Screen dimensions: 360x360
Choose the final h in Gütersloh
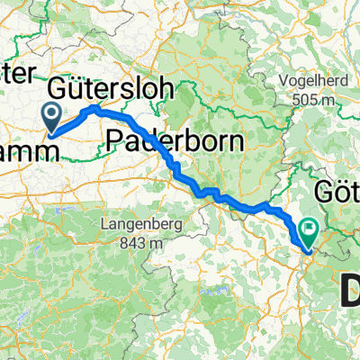point(175,89)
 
